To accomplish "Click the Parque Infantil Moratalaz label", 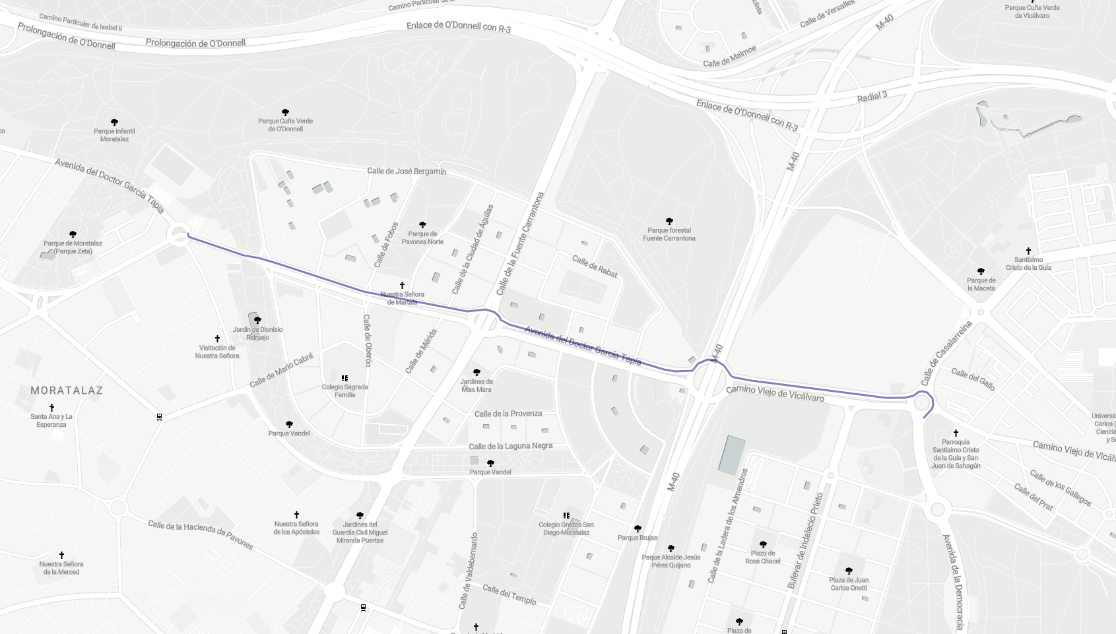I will [x=114, y=135].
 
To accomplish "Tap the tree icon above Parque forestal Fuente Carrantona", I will [x=669, y=221].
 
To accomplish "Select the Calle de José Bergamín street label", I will [x=407, y=172].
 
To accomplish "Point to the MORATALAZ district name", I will [x=67, y=391].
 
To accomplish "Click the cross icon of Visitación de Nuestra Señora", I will [x=217, y=338].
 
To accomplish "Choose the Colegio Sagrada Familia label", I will [x=345, y=391].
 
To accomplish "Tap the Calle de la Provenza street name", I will [x=508, y=414].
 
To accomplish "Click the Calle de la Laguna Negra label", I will [x=511, y=446].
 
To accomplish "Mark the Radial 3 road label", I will [x=872, y=97].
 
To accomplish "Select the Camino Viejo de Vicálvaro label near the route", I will [x=775, y=394].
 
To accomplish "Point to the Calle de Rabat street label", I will [x=595, y=267].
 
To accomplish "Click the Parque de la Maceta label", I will [x=981, y=284].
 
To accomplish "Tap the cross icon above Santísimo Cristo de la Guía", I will [x=1028, y=251].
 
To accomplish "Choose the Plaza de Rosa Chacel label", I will [x=763, y=557].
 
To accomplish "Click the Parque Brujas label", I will [x=638, y=538].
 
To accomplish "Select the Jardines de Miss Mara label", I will [x=476, y=385].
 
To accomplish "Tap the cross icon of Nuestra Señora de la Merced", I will [x=61, y=555].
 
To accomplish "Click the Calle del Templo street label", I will [x=509, y=594].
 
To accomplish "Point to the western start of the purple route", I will [x=189, y=235].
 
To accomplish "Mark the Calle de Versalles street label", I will [x=827, y=14].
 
